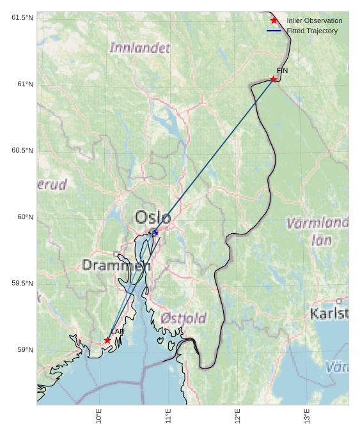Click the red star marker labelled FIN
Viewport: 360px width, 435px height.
(273, 79)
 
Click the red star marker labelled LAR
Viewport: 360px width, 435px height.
(107, 340)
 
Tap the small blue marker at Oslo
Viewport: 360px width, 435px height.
(155, 233)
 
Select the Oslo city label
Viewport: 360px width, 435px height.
(153, 217)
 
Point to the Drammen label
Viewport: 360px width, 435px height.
(116, 265)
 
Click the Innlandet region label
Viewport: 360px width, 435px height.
(140, 48)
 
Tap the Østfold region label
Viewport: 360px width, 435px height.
(184, 318)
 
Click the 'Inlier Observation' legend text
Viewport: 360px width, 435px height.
(314, 20)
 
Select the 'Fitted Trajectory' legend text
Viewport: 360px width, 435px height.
(311, 31)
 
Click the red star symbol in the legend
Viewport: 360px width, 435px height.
(274, 20)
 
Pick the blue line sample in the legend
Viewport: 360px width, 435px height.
(274, 31)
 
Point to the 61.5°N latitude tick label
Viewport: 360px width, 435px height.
(22, 17)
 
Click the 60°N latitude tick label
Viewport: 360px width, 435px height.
(26, 217)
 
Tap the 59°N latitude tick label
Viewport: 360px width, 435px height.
(26, 349)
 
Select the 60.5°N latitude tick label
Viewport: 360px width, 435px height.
(22, 150)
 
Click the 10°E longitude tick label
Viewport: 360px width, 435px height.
(99, 416)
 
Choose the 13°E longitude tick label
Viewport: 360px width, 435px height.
(307, 416)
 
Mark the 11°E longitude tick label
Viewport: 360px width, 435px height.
(168, 416)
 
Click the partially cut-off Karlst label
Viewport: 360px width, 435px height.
(329, 314)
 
